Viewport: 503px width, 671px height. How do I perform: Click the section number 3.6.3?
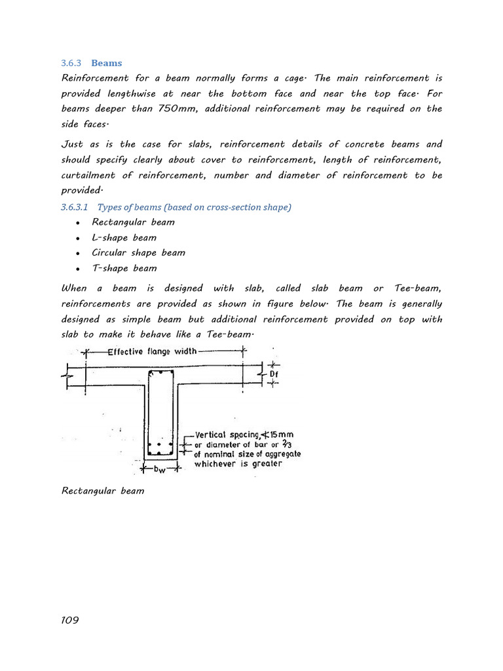click(70, 64)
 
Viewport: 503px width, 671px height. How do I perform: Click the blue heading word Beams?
click(106, 64)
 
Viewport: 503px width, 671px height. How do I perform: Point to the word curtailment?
click(88, 175)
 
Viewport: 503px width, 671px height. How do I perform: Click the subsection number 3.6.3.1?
click(75, 207)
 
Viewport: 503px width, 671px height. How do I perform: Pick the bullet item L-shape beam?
click(124, 237)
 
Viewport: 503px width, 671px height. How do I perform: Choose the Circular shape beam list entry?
click(138, 252)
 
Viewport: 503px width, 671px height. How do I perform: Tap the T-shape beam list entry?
click(124, 268)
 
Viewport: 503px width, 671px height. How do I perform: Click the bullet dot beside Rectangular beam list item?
click(77, 223)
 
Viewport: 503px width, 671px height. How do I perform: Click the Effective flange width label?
click(152, 351)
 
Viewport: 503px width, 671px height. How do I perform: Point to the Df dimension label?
click(274, 374)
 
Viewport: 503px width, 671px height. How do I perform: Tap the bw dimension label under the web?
click(159, 470)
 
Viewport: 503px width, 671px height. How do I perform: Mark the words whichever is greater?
click(238, 464)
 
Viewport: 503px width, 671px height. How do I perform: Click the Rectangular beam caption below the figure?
click(103, 491)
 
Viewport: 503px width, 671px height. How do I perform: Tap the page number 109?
click(70, 620)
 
